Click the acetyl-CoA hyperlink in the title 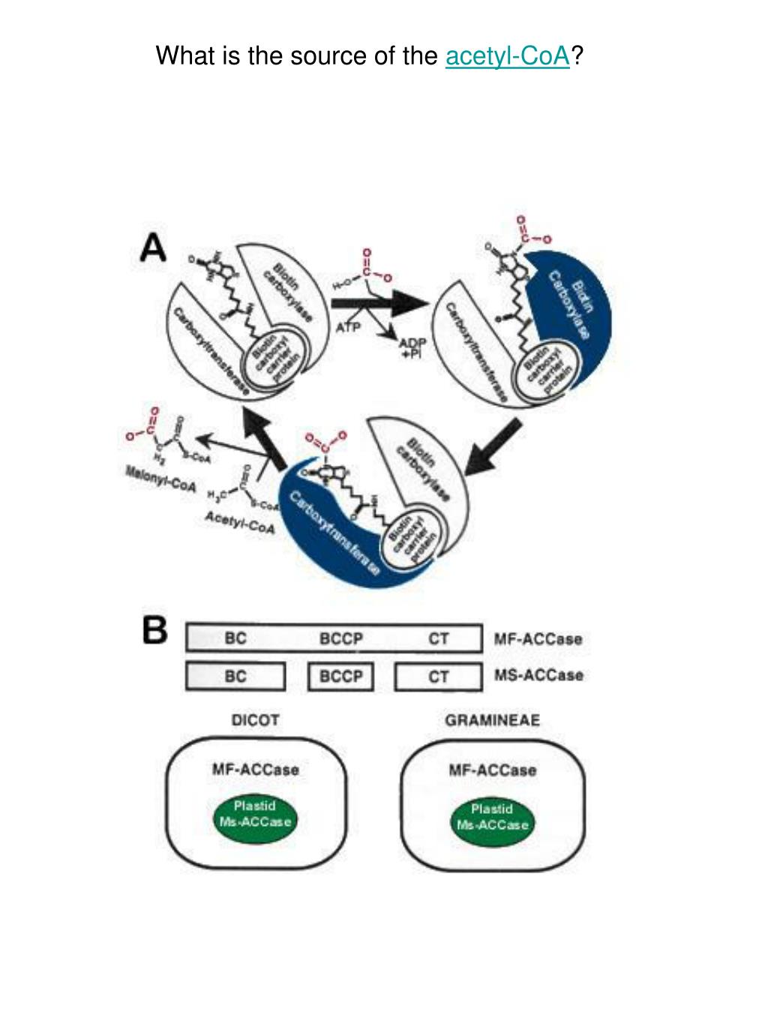pyautogui.click(x=508, y=56)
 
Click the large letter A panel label pyautogui.click(x=154, y=248)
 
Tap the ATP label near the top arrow pyautogui.click(x=348, y=327)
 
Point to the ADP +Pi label pyautogui.click(x=412, y=348)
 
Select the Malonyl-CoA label pyautogui.click(x=160, y=480)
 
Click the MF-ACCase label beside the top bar pyautogui.click(x=538, y=639)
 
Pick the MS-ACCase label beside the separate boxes pyautogui.click(x=538, y=675)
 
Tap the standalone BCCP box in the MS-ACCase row pyautogui.click(x=341, y=677)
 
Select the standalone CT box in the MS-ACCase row pyautogui.click(x=438, y=677)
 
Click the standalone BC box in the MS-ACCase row pyautogui.click(x=235, y=677)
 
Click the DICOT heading pyautogui.click(x=255, y=720)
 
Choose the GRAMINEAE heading pyautogui.click(x=492, y=720)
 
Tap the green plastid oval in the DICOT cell pyautogui.click(x=255, y=814)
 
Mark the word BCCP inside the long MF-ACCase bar pyautogui.click(x=341, y=639)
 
